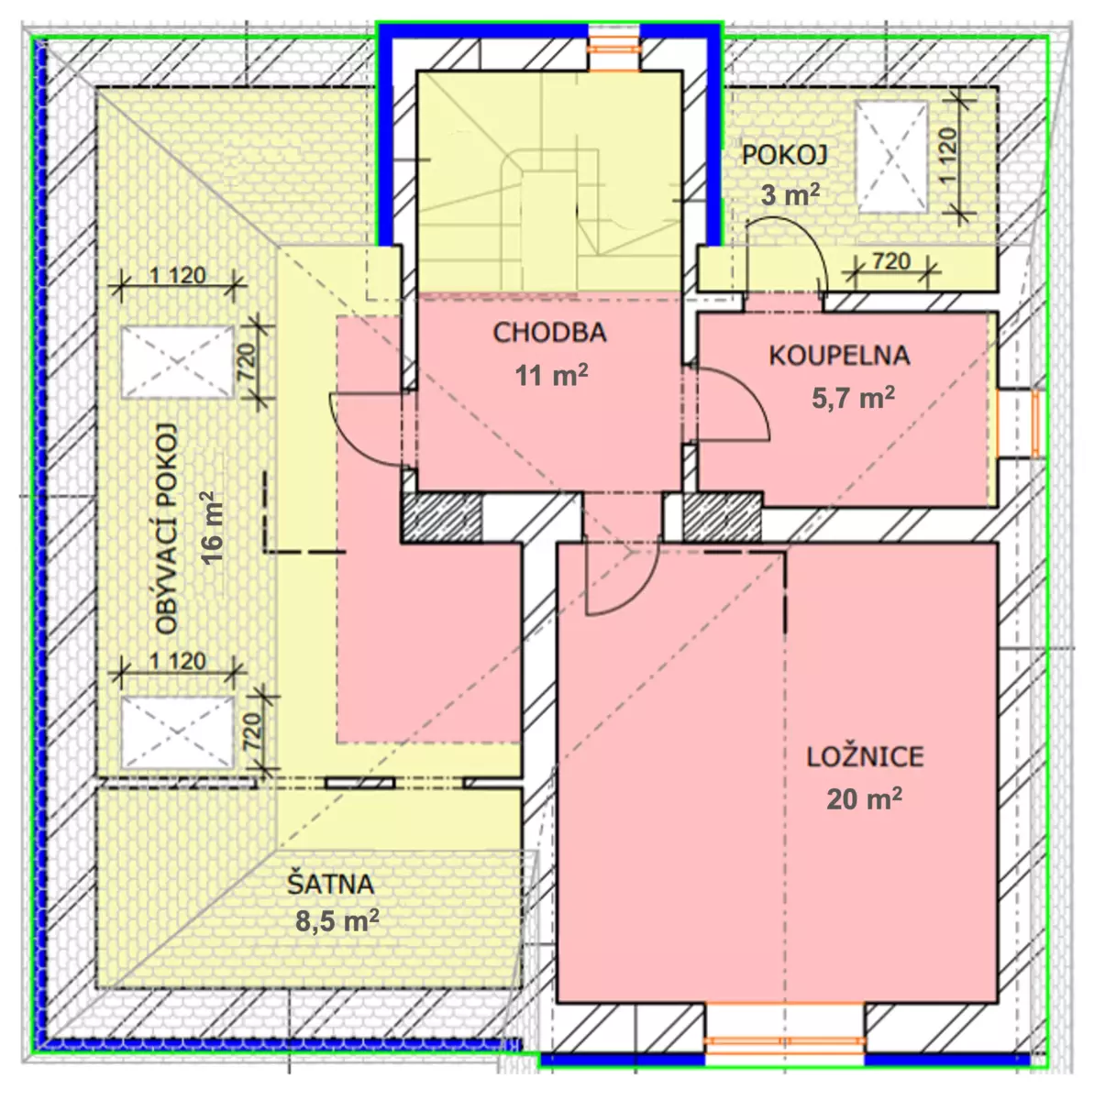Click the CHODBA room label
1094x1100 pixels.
tap(549, 333)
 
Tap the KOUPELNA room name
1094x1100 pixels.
tap(839, 356)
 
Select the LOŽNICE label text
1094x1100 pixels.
tap(865, 757)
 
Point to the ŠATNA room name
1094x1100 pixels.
tap(330, 885)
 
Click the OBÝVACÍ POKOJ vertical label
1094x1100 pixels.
tap(167, 529)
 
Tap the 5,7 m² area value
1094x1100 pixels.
tap(853, 397)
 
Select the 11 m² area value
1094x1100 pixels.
tap(551, 375)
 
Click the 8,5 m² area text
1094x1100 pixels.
tap(337, 920)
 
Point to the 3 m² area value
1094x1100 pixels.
tap(790, 195)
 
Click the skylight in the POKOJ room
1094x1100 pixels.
tap(890, 157)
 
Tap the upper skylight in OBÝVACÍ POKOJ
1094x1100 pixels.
tap(177, 362)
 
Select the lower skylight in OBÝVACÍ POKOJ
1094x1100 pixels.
tap(177, 732)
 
